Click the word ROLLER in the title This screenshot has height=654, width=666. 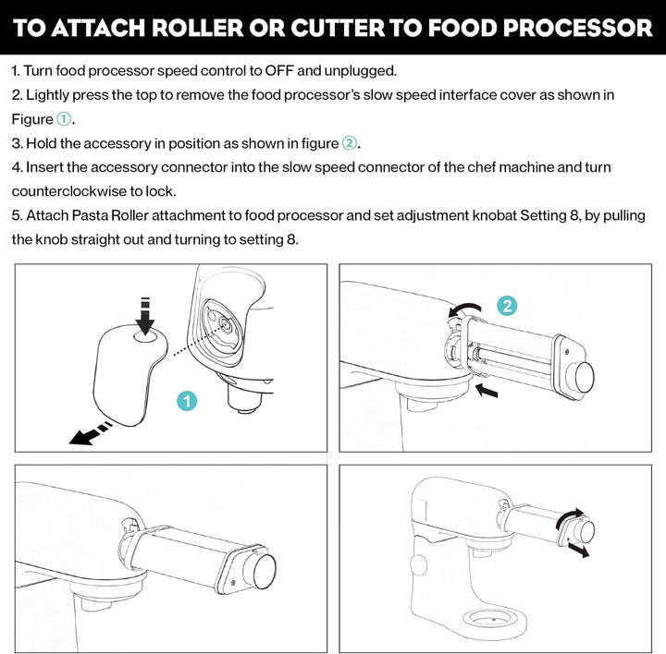click(198, 28)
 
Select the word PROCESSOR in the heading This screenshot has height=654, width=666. click(577, 28)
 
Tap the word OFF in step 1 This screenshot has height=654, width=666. click(279, 70)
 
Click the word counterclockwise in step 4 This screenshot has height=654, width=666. click(68, 191)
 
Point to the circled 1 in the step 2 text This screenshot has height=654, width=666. click(64, 119)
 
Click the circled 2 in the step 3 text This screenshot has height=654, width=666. click(349, 143)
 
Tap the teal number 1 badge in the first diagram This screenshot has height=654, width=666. click(187, 401)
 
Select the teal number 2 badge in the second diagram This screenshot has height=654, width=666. click(507, 306)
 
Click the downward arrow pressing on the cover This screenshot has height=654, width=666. click(145, 316)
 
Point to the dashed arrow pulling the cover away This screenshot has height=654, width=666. click(91, 433)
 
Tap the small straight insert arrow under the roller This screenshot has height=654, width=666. click(486, 390)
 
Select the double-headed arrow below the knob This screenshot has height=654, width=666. click(578, 551)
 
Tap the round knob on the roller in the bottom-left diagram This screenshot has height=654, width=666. click(265, 571)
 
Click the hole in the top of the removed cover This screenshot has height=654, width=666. click(146, 337)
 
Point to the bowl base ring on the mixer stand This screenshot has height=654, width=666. click(494, 619)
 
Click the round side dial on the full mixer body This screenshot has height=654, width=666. click(418, 565)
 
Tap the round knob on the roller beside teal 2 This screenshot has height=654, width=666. click(585, 378)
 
